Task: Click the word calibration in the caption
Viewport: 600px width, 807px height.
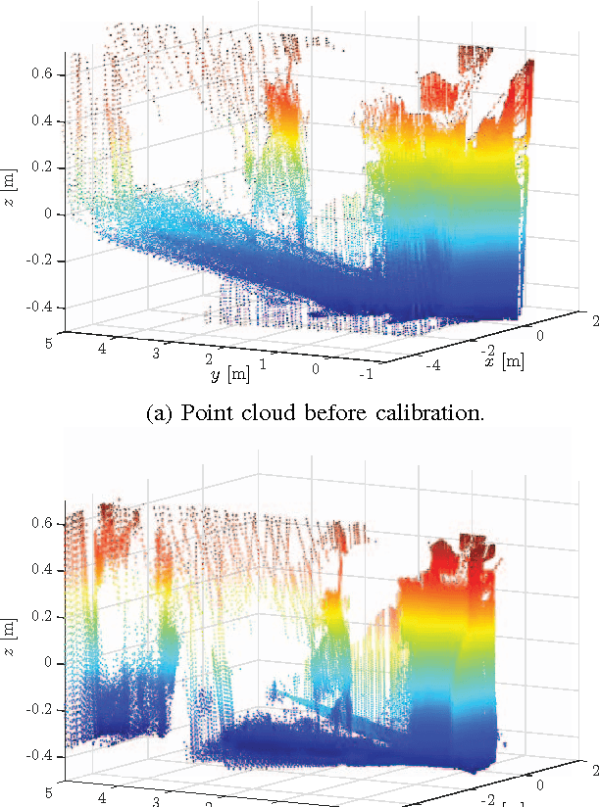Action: point(433,413)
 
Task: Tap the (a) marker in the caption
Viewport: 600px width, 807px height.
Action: point(158,413)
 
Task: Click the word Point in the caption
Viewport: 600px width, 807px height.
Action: point(204,413)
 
